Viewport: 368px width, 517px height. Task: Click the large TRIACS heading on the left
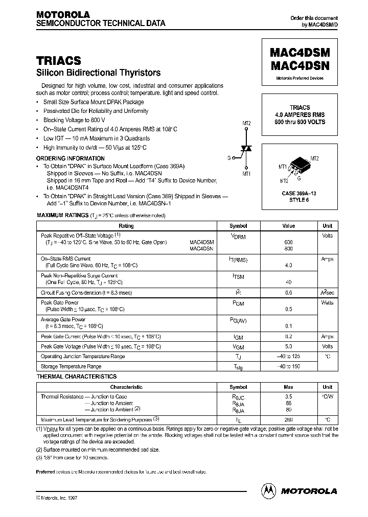coord(58,60)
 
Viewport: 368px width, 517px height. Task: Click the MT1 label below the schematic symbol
coord(246,174)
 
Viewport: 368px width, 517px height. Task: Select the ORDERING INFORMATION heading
coord(71,158)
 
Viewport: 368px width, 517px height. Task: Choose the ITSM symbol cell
coord(238,276)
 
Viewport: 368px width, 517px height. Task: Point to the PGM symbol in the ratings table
coord(238,303)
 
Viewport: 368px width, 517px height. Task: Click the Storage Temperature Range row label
coord(71,366)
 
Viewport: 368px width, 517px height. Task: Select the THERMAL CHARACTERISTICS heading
coord(77,377)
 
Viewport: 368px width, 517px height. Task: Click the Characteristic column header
coord(126,387)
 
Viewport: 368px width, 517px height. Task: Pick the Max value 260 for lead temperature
coord(288,420)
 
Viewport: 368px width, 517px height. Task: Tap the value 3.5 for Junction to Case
coord(288,396)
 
